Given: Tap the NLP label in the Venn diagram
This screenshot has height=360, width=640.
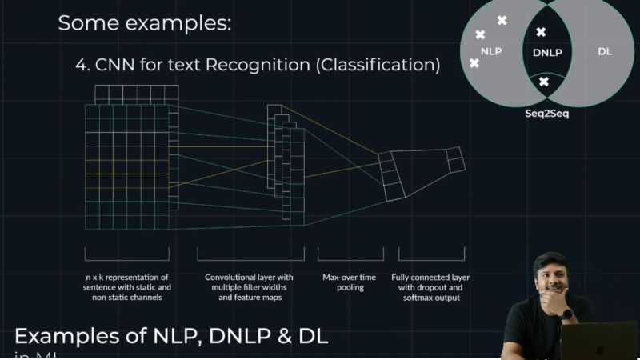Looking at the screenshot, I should coord(490,51).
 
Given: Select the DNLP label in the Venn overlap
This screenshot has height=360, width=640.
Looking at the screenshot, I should coord(547,52).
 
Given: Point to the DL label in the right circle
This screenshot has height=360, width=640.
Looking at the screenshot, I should coord(605,51).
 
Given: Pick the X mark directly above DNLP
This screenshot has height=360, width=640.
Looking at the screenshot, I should coord(541,32).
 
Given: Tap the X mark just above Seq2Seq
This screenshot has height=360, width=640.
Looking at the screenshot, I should coord(544,82).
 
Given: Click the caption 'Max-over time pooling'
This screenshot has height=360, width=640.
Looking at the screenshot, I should coord(345,282).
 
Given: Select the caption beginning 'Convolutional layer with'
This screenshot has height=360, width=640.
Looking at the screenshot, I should coord(249,287).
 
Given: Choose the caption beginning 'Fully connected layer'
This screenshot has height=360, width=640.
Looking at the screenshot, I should coord(430,287).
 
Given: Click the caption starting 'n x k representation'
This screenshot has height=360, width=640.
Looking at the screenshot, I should coord(127,287).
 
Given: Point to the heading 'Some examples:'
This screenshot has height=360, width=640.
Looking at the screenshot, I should coord(144,23).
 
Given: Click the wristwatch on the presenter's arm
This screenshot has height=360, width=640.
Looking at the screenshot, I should coord(567,314).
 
